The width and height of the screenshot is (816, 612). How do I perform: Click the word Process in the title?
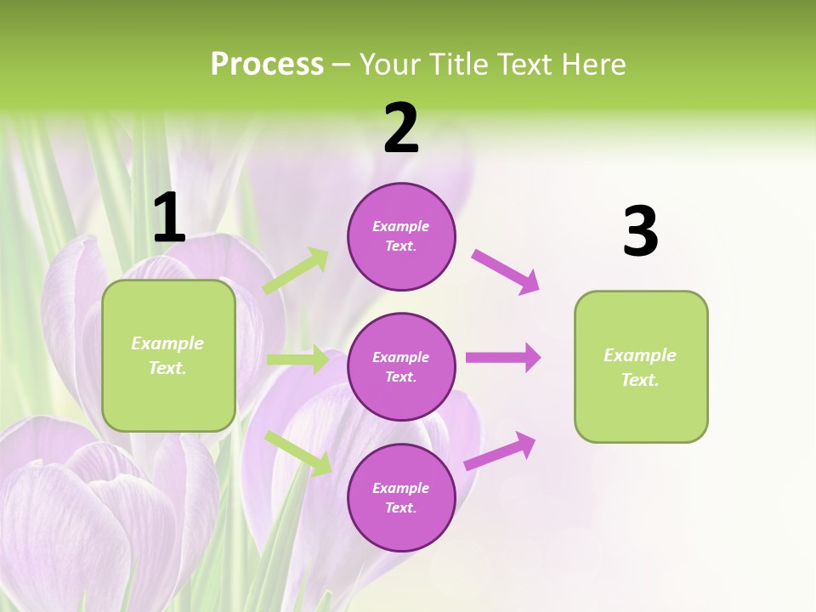[267, 65]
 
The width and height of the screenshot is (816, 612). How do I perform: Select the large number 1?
[169, 218]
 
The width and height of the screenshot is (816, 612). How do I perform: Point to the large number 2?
[401, 128]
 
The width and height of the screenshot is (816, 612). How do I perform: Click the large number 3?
[640, 231]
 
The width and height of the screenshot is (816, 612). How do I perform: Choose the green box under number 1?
[168, 355]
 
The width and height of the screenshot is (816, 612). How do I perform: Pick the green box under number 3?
[641, 367]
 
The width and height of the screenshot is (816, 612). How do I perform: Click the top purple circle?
[401, 236]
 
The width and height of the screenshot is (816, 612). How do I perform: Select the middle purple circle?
[401, 367]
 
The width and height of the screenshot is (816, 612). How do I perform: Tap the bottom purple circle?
[401, 498]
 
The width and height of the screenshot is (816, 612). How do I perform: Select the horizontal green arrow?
[297, 360]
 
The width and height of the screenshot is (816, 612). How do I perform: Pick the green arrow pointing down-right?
[298, 452]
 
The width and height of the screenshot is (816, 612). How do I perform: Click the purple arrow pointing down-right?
[506, 271]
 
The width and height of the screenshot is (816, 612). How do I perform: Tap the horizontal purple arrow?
[503, 358]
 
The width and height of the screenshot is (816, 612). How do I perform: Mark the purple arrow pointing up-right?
[500, 450]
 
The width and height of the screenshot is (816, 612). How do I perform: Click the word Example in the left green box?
[167, 343]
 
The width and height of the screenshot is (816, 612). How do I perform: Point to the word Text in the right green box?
[639, 380]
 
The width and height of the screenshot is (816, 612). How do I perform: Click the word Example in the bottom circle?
[400, 488]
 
